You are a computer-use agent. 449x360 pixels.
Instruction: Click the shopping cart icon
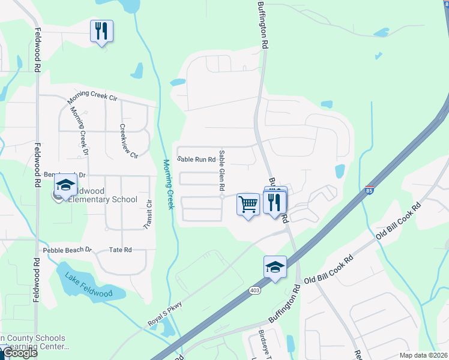tap(248, 204)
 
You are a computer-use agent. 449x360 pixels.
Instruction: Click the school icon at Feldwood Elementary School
tap(65, 185)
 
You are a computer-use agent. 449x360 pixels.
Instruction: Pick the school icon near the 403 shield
tap(275, 267)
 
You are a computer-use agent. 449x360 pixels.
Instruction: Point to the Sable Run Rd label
tap(196, 160)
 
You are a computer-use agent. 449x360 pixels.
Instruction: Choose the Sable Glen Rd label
tap(222, 170)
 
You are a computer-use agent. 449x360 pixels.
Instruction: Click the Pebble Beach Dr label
tap(67, 250)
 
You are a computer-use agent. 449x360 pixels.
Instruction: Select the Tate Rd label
tap(120, 250)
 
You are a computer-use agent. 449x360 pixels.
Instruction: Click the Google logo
tap(19, 353)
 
